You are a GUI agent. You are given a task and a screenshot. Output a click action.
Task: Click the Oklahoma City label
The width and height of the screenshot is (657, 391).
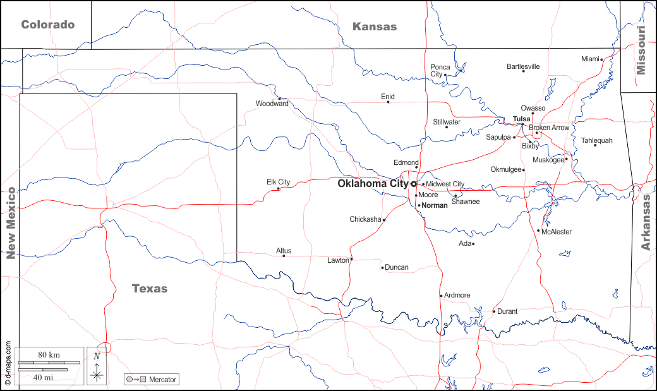[x=373, y=184]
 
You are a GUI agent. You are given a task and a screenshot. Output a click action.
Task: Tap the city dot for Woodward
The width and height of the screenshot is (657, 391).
[x=279, y=99]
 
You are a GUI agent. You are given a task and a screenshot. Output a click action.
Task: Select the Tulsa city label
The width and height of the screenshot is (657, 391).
[x=521, y=119]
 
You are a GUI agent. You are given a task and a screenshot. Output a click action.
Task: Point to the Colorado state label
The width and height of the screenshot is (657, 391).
[x=48, y=25]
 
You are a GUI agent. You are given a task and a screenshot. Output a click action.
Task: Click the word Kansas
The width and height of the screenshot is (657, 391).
[x=375, y=27]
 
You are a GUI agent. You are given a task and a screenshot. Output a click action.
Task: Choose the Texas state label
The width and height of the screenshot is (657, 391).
[x=150, y=289]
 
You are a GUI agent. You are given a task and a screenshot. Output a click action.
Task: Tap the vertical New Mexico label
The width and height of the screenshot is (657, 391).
[x=10, y=223]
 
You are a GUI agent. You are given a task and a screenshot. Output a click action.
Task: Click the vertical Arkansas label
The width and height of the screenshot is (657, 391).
[x=646, y=223]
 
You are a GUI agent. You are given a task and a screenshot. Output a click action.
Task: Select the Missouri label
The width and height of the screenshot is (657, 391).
[x=642, y=51]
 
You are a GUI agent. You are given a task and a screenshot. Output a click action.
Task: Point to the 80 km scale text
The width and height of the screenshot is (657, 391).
[x=49, y=355]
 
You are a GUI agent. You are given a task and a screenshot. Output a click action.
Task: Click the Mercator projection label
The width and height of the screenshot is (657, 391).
[x=162, y=380]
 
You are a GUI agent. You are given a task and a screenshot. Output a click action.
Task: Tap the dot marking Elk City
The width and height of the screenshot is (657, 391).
[x=279, y=188]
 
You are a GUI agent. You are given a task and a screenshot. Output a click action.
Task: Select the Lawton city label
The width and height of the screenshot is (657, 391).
[x=338, y=260]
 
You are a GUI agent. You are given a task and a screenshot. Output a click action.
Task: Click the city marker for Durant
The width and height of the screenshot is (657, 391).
[x=494, y=311]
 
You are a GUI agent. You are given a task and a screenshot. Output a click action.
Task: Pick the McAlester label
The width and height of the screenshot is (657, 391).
[x=557, y=232]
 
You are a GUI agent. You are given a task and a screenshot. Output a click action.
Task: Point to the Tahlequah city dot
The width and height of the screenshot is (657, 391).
[x=595, y=145]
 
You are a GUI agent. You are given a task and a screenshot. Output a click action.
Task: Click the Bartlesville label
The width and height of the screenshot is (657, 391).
[x=523, y=66]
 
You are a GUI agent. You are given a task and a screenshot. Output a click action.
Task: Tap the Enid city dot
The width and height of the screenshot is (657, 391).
[x=388, y=102]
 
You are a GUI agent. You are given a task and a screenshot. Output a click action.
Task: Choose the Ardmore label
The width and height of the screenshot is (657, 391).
[x=457, y=295]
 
